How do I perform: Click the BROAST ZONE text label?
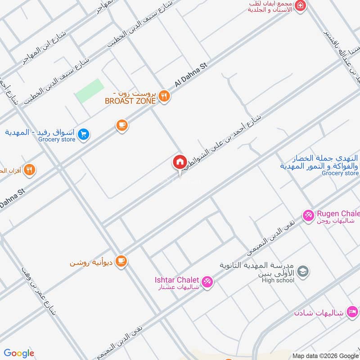coord(130,101)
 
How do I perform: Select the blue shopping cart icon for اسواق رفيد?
coord(83,134)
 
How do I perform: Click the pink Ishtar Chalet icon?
coord(207,282)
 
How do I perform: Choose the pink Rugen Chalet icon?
coord(308,216)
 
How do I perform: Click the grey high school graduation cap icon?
coord(303,271)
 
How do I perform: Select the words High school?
coord(278,280)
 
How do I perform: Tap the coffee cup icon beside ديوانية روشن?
coord(121,261)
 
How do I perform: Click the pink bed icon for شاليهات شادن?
coord(353,312)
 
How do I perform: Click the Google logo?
coord(19,353)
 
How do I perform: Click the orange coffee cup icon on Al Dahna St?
coord(121,126)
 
